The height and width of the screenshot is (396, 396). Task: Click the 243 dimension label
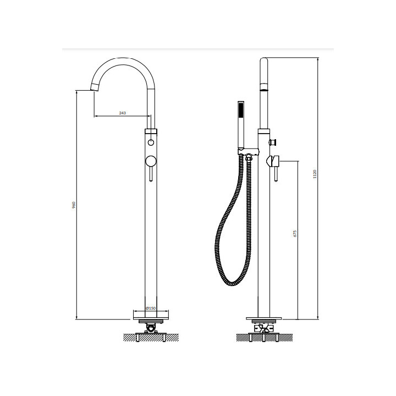click(123, 113)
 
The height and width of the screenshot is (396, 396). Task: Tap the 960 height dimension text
click(74, 205)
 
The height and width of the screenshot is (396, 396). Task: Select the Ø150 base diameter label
click(151, 308)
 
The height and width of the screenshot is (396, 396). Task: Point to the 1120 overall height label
click(315, 174)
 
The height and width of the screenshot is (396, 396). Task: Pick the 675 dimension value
click(295, 233)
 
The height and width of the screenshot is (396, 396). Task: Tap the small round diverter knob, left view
click(151, 142)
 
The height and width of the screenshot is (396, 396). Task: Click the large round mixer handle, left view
click(151, 161)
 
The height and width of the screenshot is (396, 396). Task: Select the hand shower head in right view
click(241, 124)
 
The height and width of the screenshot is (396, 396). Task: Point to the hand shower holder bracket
click(248, 152)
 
